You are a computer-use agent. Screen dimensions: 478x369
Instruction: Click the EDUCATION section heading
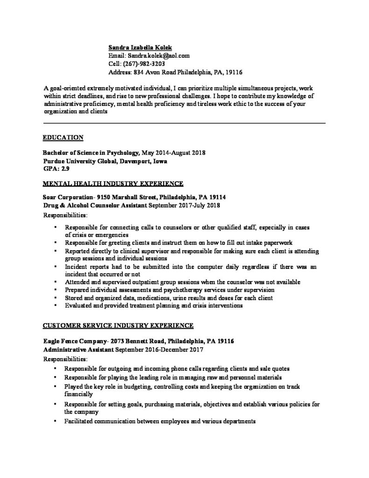tap(63, 137)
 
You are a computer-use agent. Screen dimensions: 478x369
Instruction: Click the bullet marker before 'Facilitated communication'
tap(55, 421)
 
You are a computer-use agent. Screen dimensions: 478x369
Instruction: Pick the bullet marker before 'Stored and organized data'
tap(55, 298)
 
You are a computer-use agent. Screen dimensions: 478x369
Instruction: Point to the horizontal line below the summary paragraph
tap(184, 123)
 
